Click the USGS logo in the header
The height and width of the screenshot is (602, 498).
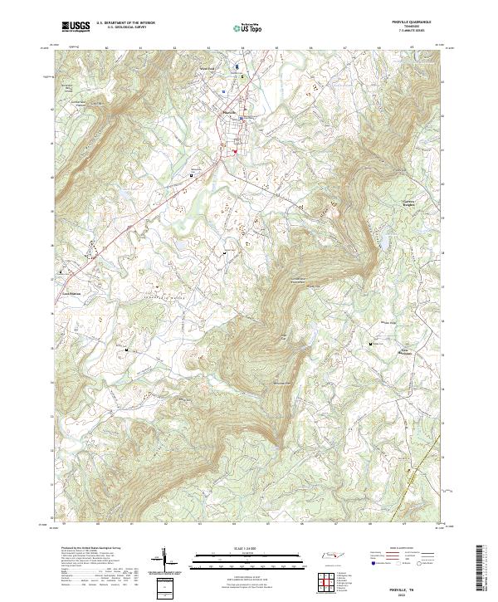click(x=76, y=27)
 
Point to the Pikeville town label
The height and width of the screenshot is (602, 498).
click(x=231, y=110)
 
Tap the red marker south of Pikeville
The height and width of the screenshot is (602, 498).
click(x=235, y=151)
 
